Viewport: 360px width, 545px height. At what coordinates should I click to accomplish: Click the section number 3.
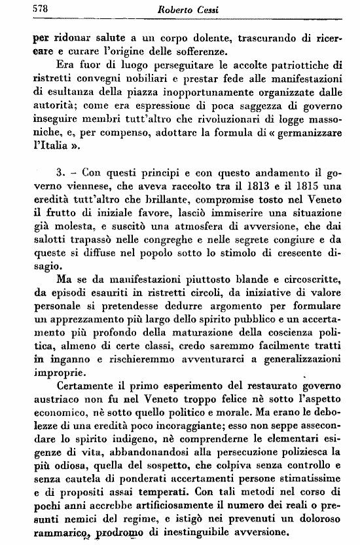pyautogui.click(x=60, y=174)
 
